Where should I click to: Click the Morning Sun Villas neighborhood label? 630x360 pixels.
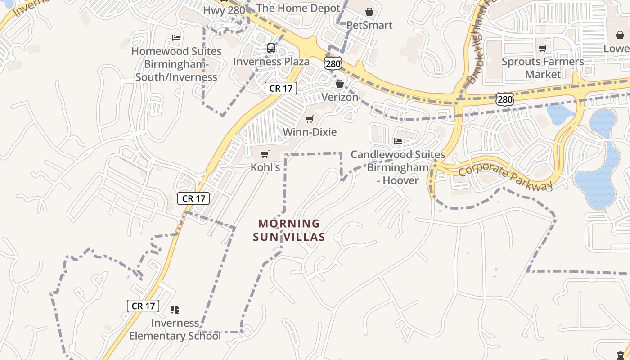(289, 230)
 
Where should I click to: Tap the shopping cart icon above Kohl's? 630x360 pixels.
(265, 154)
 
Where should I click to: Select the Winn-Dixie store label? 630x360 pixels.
(310, 132)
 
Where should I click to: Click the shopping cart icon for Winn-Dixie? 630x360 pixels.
(310, 119)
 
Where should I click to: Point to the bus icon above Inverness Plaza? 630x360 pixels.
(271, 48)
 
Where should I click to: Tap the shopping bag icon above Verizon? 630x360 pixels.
(340, 84)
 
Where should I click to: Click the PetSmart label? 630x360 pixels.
(369, 25)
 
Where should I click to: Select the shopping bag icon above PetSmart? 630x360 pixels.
(369, 12)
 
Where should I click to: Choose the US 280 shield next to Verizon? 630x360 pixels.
(333, 64)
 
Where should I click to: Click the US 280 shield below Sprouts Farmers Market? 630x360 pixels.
(505, 99)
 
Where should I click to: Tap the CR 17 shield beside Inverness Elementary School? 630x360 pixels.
(144, 306)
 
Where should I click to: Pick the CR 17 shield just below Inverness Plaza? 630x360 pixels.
(281, 88)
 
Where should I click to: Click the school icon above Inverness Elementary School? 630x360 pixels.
(175, 310)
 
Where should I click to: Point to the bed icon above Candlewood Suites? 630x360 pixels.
(398, 141)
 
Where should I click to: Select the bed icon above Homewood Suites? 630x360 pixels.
(176, 38)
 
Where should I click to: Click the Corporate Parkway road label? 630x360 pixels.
(505, 178)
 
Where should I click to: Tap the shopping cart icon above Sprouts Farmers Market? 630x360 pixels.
(543, 48)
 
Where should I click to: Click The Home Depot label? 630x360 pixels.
(298, 8)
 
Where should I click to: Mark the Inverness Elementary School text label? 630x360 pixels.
(175, 329)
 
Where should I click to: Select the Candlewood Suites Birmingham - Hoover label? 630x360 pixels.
(398, 167)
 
